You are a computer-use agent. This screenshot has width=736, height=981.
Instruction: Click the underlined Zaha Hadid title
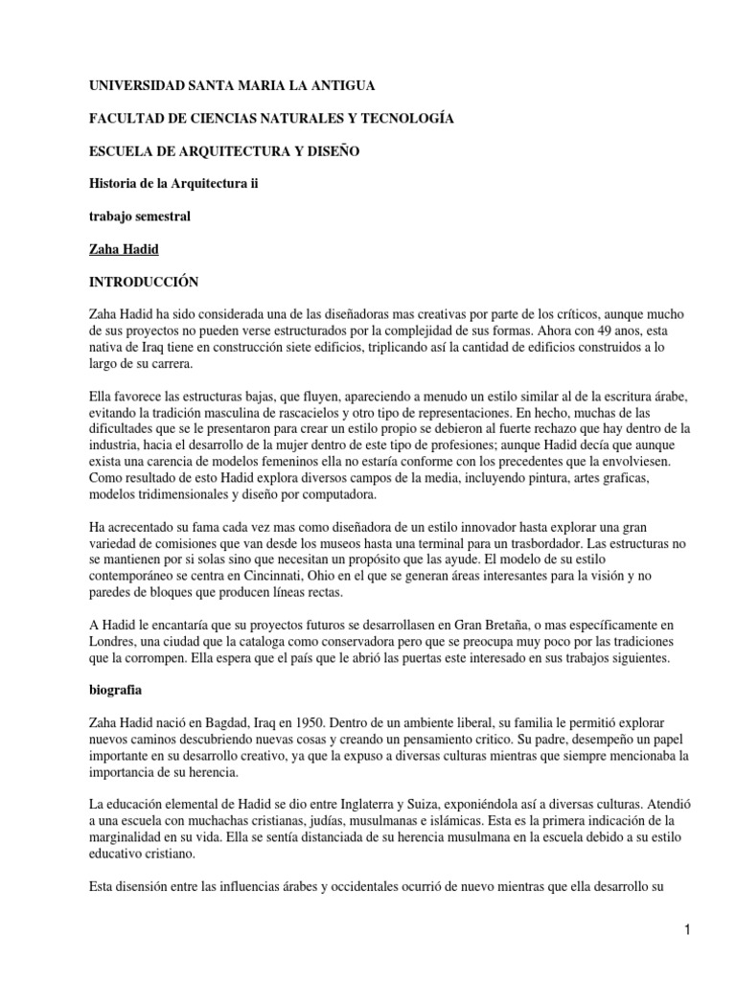[123, 249]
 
